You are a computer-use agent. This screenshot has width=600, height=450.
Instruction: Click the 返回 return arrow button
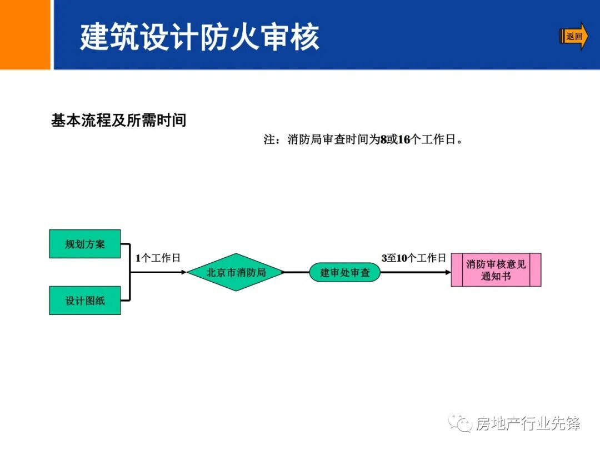573,37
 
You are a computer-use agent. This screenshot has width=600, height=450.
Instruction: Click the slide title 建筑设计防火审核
199,38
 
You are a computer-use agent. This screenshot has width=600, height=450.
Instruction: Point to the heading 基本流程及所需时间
118,121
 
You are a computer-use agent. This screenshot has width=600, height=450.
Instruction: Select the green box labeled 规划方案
85,244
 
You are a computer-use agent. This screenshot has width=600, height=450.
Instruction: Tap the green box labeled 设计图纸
85,301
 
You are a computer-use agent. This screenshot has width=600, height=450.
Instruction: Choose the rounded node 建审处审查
344,272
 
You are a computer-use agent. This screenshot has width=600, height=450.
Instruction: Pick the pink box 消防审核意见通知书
496,270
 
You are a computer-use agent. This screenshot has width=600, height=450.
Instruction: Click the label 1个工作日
158,258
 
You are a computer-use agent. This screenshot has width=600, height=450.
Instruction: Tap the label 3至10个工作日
413,258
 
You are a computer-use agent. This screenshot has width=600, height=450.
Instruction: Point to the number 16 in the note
404,139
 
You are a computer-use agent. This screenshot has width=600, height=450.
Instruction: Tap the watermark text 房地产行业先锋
528,424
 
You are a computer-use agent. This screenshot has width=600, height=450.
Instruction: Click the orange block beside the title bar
25,34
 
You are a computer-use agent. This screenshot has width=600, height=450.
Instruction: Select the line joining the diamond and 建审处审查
297,272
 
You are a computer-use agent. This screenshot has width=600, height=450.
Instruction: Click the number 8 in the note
383,139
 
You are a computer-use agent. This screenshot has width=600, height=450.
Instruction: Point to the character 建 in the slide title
95,38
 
